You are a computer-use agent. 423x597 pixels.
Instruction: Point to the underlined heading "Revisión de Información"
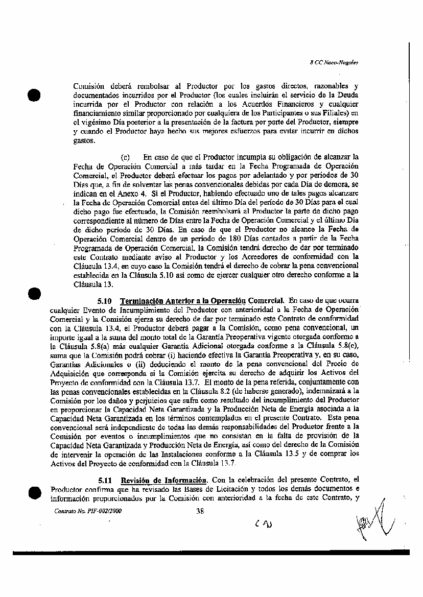click(x=163, y=480)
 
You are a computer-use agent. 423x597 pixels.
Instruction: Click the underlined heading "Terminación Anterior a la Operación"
click(x=183, y=301)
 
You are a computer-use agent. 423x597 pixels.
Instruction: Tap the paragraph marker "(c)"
click(x=125, y=157)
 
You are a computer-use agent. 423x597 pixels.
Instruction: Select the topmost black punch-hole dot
click(x=35, y=95)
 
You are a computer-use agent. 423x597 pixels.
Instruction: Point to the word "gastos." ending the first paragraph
click(x=84, y=141)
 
